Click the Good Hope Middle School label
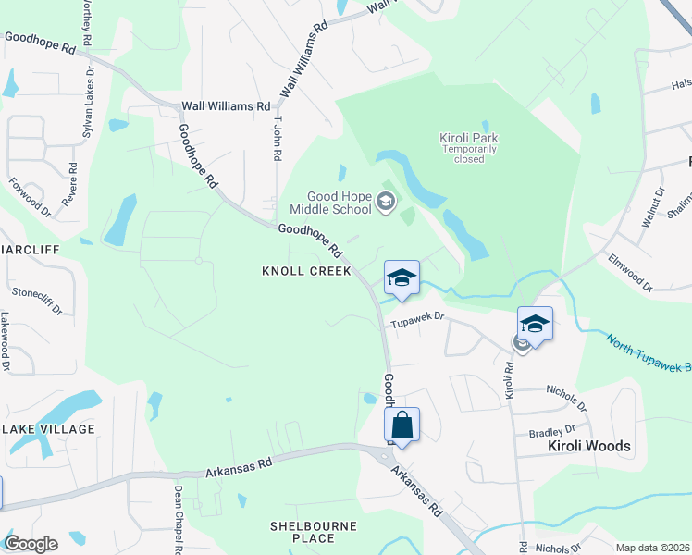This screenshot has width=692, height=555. [x=339, y=203]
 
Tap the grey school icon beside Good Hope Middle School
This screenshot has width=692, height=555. [x=386, y=201]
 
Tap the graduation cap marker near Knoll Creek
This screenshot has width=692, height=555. [x=402, y=278]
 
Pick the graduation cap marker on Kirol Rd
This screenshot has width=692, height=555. [x=535, y=325]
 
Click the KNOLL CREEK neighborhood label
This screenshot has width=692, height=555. [x=306, y=271]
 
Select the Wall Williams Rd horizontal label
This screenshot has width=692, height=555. [x=226, y=106]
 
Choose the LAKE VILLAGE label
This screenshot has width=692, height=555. [x=49, y=429]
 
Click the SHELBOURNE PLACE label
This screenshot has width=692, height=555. [x=313, y=532]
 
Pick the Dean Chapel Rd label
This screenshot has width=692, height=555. [x=177, y=519]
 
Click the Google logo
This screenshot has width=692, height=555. [x=31, y=544]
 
